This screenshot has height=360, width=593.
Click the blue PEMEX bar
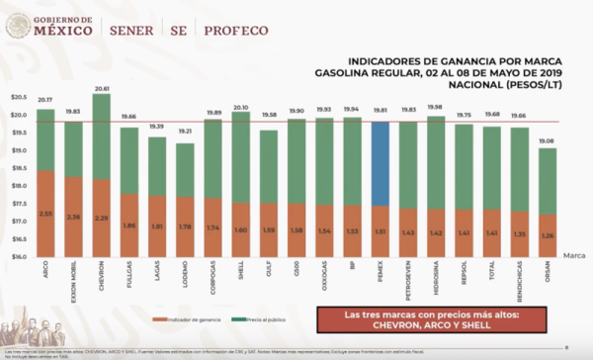(381, 163)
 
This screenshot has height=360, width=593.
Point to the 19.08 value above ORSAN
(548, 141)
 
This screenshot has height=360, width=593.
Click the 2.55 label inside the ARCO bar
(45, 214)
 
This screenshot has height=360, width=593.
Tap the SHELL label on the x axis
(242, 273)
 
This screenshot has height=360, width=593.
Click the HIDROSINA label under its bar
(436, 278)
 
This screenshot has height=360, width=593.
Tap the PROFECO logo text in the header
(237, 29)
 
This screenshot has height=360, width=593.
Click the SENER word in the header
(133, 29)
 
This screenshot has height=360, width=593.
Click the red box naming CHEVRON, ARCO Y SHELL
(431, 320)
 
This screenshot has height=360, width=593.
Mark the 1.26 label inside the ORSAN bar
(548, 235)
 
